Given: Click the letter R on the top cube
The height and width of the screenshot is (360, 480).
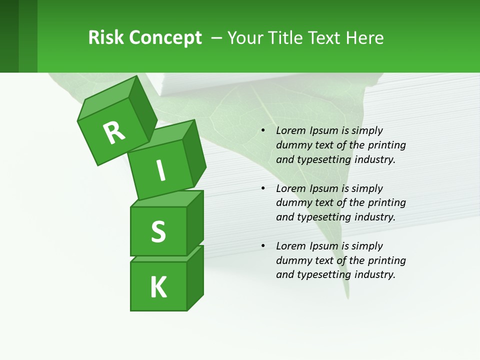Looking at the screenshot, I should [114, 132].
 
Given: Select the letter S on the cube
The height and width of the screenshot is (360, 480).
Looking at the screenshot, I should [158, 231].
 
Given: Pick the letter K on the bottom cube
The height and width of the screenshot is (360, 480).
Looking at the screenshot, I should [158, 287].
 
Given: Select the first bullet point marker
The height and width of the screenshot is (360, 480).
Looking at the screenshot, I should [263, 131].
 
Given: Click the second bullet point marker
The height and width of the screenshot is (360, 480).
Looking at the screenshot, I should [263, 188].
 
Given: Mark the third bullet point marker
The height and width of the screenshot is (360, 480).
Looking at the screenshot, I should [263, 246].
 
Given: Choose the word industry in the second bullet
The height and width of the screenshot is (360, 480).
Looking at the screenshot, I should [375, 217].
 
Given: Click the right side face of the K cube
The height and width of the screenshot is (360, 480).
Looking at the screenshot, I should [195, 277].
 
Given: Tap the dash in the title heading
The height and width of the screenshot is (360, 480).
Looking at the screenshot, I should [217, 38].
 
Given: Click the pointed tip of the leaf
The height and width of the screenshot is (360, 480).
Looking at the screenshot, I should [346, 297].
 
